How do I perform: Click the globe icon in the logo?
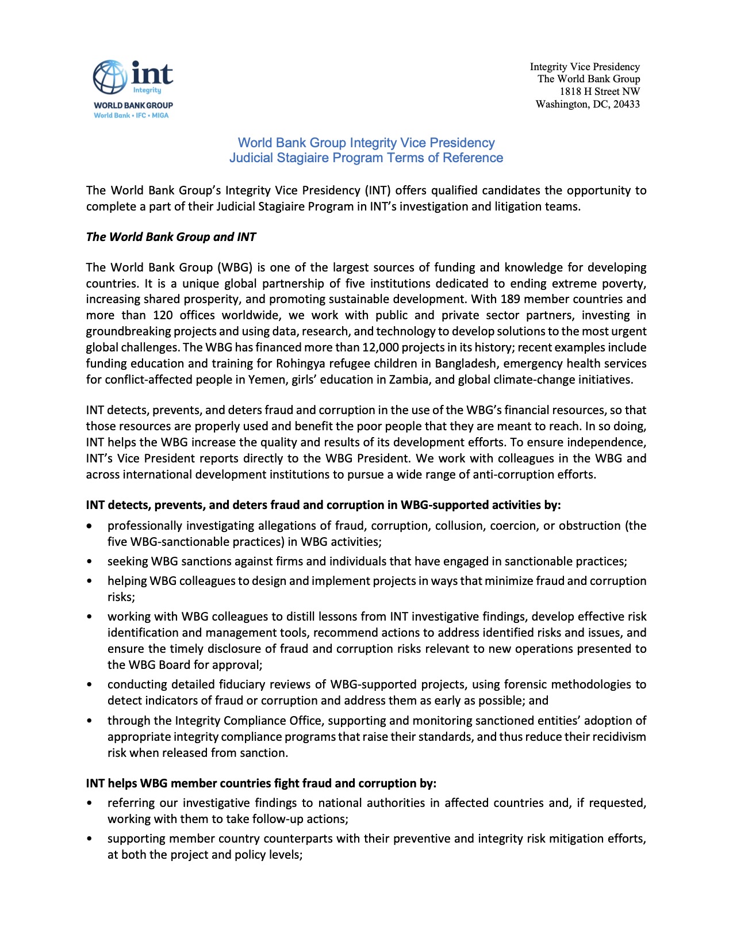coord(110,77)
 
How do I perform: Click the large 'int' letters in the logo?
coord(152,74)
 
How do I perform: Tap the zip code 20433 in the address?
coord(626,104)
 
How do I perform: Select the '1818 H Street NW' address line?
coord(600,91)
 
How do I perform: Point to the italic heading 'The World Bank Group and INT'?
coord(171,237)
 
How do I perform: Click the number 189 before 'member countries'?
coord(510,299)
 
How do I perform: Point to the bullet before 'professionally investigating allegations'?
coord(89,526)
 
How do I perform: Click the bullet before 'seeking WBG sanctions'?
coord(89,562)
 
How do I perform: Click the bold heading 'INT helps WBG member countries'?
coord(261,783)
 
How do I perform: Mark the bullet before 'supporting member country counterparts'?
coord(89,839)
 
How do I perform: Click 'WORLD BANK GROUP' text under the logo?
coord(133,105)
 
